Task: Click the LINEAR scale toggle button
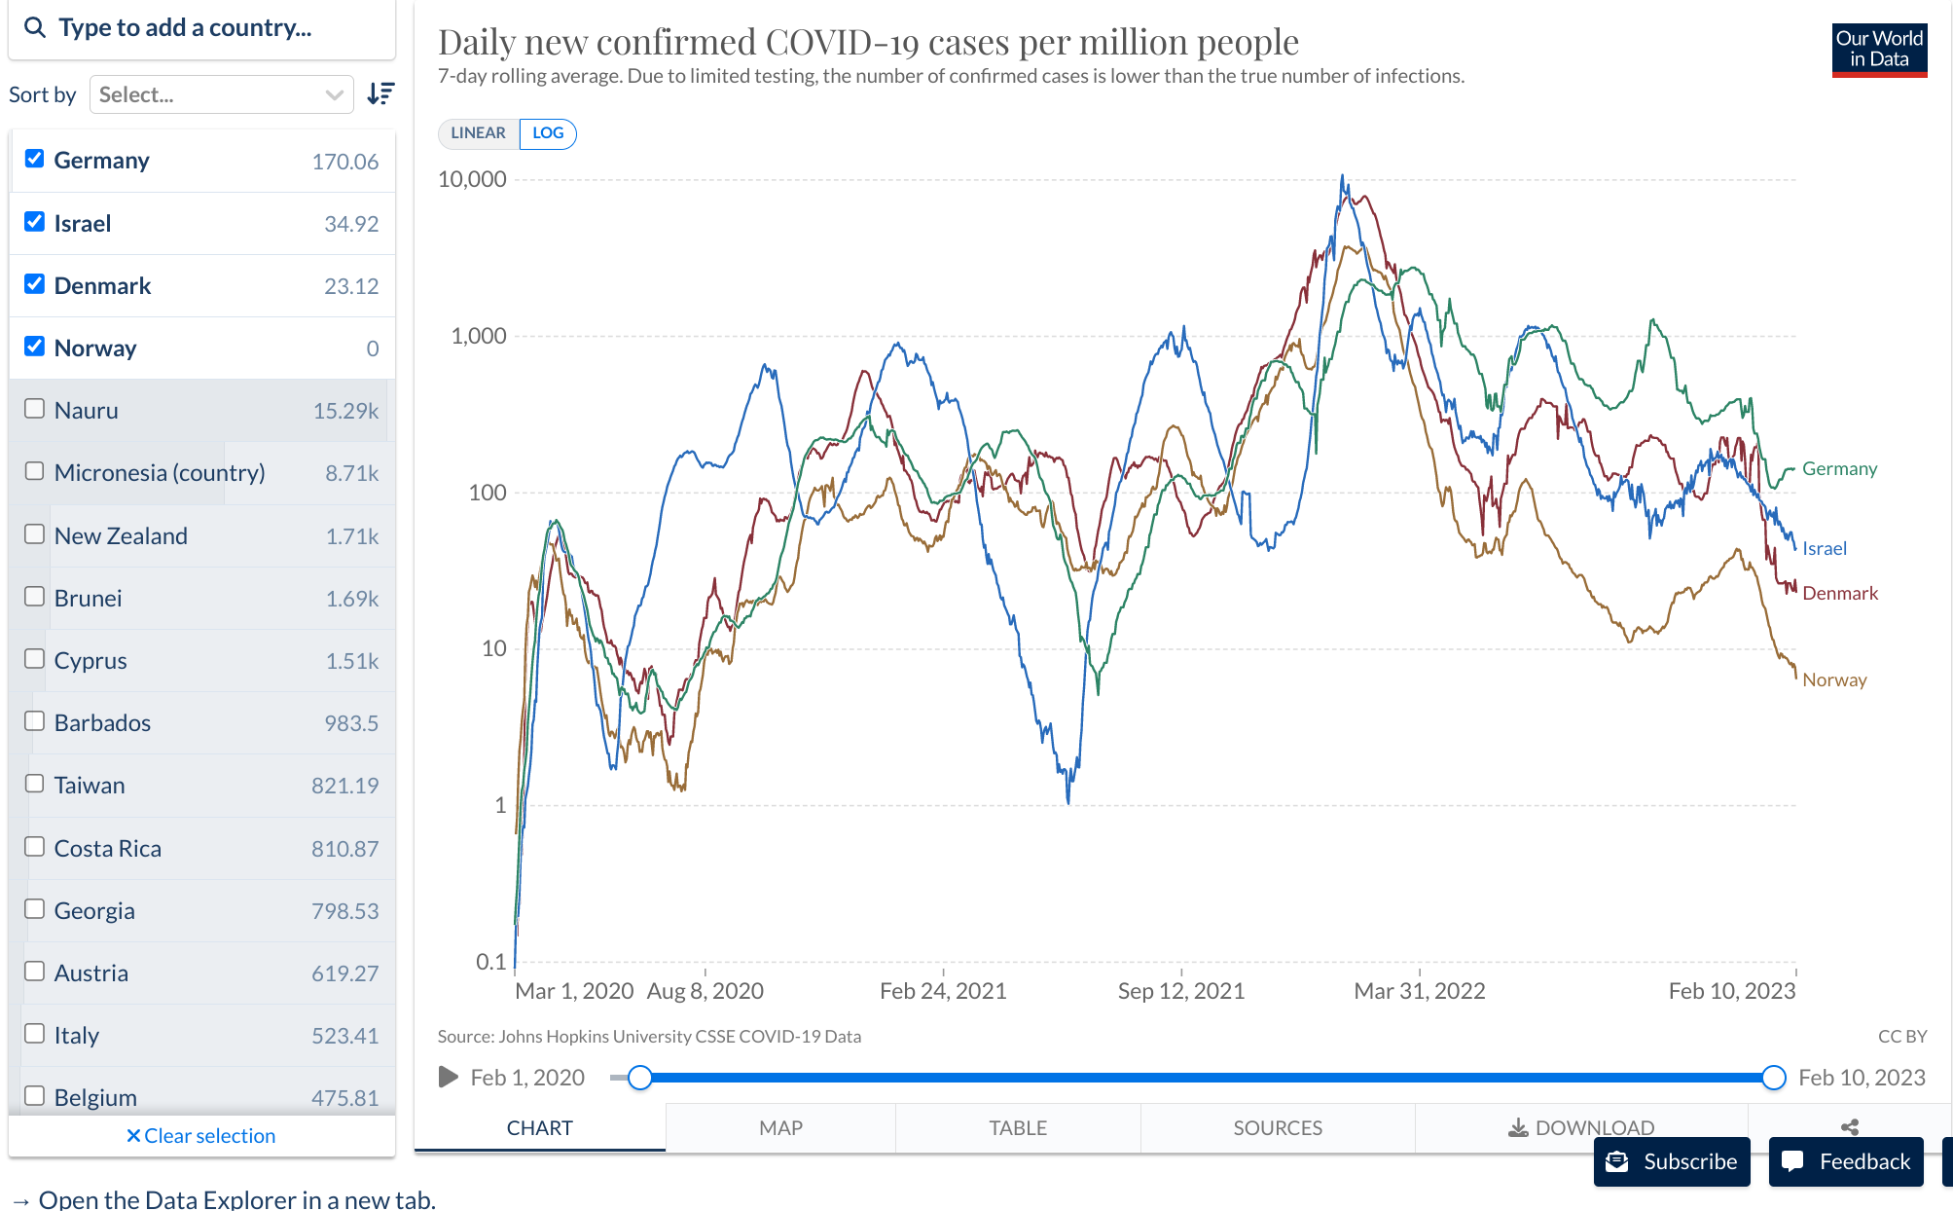(478, 133)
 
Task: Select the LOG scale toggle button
(548, 133)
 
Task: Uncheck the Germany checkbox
(35, 159)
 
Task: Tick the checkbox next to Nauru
(35, 409)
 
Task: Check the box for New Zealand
(35, 534)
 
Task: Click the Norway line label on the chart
(1834, 679)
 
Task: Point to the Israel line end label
(1824, 548)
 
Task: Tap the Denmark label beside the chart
(1839, 593)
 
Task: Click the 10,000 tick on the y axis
(472, 179)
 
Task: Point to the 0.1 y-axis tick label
(490, 962)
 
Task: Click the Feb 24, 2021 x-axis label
(943, 991)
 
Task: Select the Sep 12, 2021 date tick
(1180, 991)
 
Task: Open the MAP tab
(780, 1127)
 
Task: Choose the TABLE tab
(1018, 1127)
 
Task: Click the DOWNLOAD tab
(1581, 1127)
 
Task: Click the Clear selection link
(201, 1136)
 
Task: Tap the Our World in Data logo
(1879, 50)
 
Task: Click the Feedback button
(1846, 1161)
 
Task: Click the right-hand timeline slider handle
(1774, 1078)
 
